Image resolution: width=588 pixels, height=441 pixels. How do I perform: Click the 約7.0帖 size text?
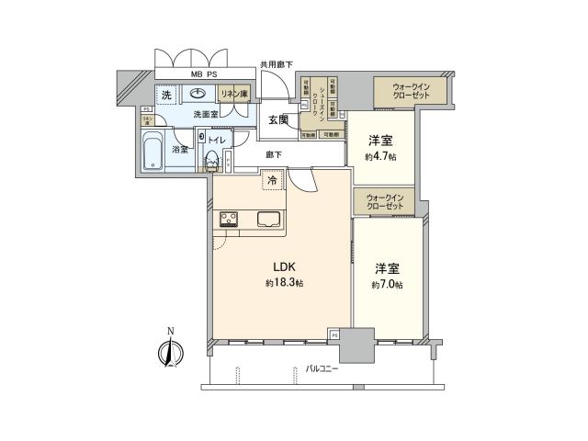point(387,285)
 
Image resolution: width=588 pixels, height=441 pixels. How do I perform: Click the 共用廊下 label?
point(276,64)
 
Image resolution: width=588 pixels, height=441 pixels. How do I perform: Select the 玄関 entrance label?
point(278,119)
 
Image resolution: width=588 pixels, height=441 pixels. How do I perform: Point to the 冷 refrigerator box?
point(272,181)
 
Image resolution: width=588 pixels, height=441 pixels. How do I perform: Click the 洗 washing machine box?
point(166,95)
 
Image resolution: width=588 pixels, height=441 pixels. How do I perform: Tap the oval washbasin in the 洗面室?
point(198,93)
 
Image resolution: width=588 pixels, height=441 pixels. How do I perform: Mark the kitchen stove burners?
point(229,219)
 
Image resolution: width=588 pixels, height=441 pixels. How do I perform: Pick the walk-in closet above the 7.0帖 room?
point(385,201)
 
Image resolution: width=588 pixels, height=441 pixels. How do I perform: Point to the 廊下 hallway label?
point(274,155)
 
